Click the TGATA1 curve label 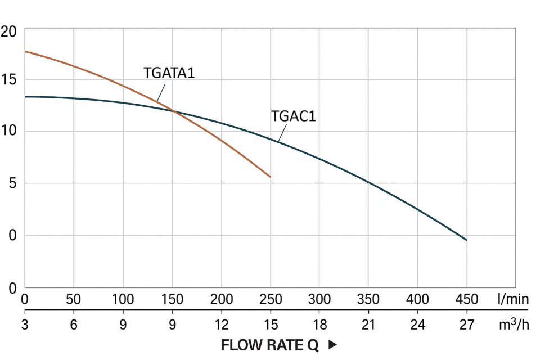pyautogui.click(x=169, y=73)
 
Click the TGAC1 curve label pyautogui.click(x=293, y=117)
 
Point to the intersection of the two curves pyautogui.click(x=173, y=111)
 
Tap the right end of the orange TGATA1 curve pyautogui.click(x=270, y=177)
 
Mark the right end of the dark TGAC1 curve pyautogui.click(x=466, y=240)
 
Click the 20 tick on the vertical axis pyautogui.click(x=10, y=31)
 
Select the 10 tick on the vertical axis pyautogui.click(x=10, y=131)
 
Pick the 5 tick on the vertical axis pyautogui.click(x=12, y=183)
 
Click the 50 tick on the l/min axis pyautogui.click(x=74, y=299)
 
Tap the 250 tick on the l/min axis pyautogui.click(x=271, y=299)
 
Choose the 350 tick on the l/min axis pyautogui.click(x=368, y=299)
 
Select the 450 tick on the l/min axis pyautogui.click(x=466, y=299)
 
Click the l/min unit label pyautogui.click(x=513, y=299)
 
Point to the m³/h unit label pyautogui.click(x=512, y=324)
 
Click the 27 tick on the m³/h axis pyautogui.click(x=466, y=325)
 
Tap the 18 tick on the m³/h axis pyautogui.click(x=319, y=325)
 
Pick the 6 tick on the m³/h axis pyautogui.click(x=74, y=325)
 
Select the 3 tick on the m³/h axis pyautogui.click(x=25, y=325)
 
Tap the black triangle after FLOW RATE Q pyautogui.click(x=332, y=345)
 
